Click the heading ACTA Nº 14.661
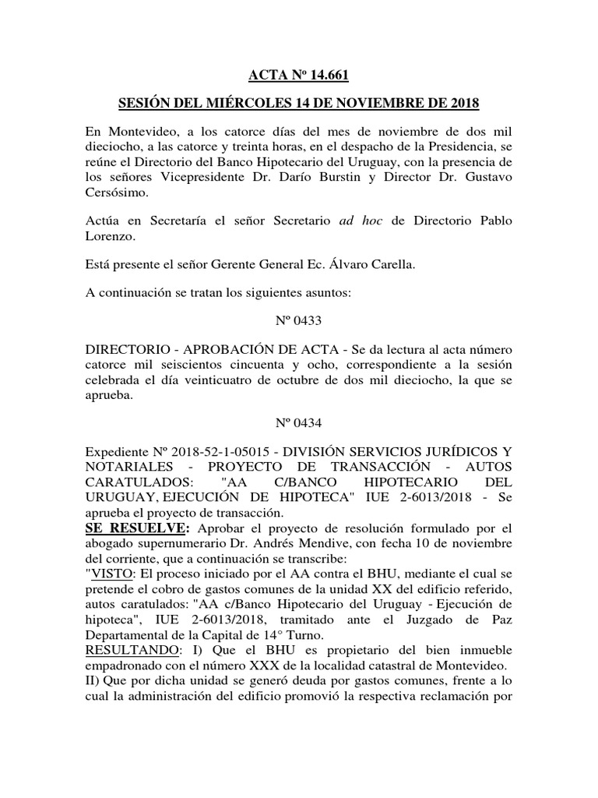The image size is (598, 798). point(298,76)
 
